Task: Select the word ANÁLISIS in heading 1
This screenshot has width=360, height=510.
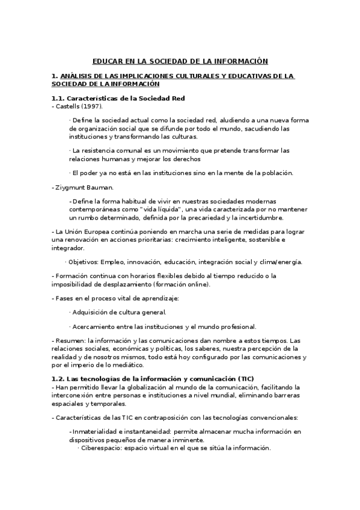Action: pyautogui.click(x=76, y=76)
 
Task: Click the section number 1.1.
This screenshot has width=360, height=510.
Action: pyautogui.click(x=58, y=98)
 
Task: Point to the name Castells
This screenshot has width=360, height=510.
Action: pyautogui.click(x=69, y=106)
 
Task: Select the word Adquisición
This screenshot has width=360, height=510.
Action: pyautogui.click(x=93, y=312)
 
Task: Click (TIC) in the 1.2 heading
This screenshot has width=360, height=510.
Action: pyautogui.click(x=246, y=378)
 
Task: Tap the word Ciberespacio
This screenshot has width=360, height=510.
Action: pyautogui.click(x=103, y=448)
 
